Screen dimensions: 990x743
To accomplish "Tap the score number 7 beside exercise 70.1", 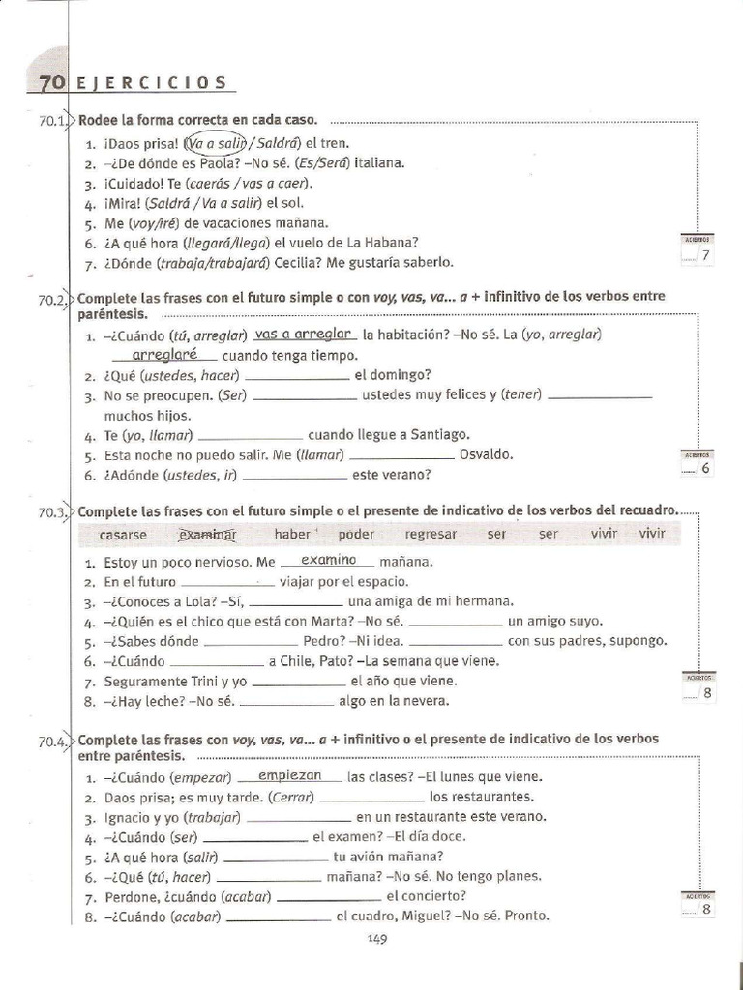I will point(705,256).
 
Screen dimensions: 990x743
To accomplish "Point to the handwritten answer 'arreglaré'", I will point(163,354).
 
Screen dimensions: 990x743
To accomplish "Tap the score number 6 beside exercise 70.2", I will point(705,469).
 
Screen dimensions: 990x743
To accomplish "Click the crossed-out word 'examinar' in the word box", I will point(208,534).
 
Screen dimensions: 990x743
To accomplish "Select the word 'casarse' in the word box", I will point(124,534).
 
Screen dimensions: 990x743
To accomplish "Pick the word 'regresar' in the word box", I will point(431,534).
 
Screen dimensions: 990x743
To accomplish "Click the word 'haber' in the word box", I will point(293,534).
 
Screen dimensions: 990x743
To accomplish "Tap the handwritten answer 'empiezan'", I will point(290,775).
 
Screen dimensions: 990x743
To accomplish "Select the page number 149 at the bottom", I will point(377,940).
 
